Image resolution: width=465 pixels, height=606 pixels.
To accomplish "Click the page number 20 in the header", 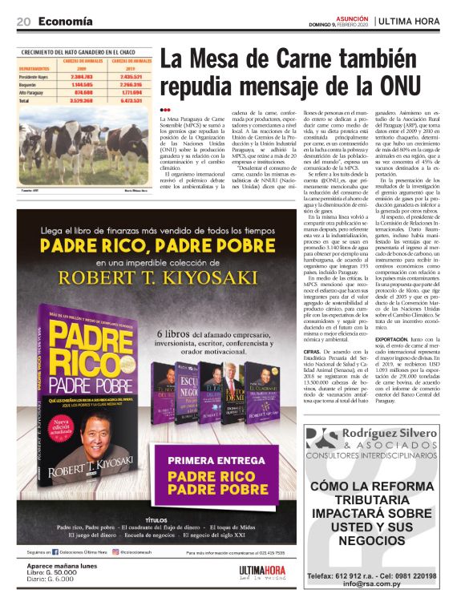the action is (x=23, y=21).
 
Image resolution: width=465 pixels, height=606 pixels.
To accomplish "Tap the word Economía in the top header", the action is (x=64, y=21).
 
